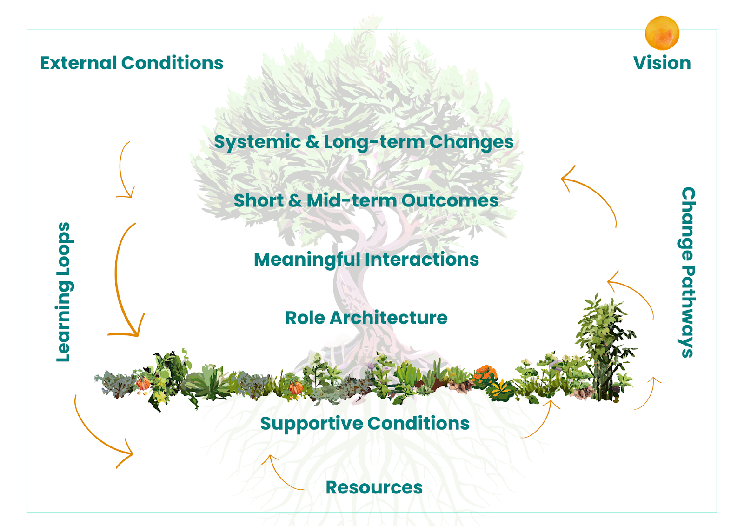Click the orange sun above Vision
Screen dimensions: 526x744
coord(662,33)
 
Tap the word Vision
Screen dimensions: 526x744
coord(662,63)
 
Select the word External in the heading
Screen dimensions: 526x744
coord(79,63)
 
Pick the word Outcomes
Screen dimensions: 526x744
coord(450,200)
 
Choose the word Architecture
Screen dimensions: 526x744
coord(388,318)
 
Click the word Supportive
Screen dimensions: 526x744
coord(312,424)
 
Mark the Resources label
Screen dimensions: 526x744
coord(374,487)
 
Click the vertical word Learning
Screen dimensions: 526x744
coord(63,321)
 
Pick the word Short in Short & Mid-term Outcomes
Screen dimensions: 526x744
coord(259,200)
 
